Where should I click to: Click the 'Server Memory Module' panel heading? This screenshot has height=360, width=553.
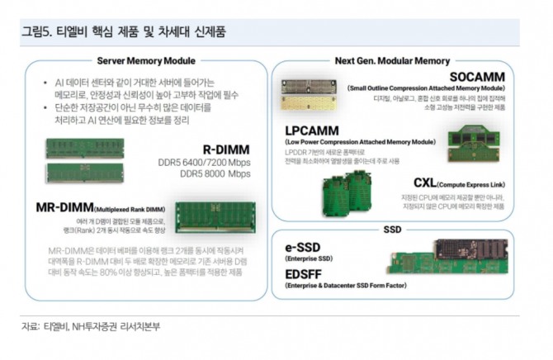tap(146, 60)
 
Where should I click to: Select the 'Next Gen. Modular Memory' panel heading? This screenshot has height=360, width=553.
tap(392, 60)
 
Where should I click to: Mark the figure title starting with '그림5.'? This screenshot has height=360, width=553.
tap(124, 31)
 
